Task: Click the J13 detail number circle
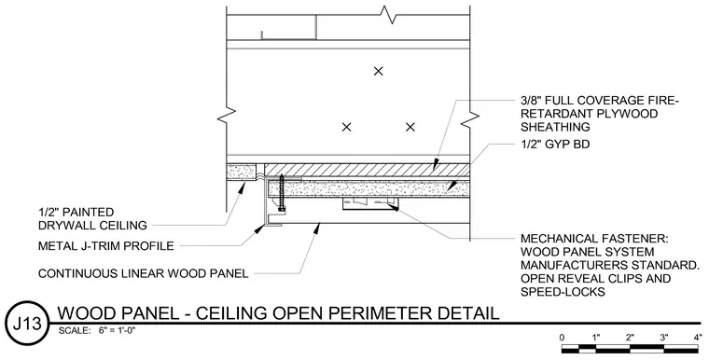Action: coord(26,323)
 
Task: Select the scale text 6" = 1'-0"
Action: coord(118,330)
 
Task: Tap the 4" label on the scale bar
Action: coord(698,337)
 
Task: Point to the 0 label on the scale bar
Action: coord(562,337)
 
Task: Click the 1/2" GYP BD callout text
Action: coord(555,145)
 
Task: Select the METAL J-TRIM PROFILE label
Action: coord(105,246)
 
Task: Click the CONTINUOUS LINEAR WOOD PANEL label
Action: coord(143,273)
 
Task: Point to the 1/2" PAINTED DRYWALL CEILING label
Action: coord(92,218)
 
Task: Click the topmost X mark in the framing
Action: coord(379,71)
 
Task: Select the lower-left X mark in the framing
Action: coord(346,127)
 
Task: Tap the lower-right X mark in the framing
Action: coord(410,127)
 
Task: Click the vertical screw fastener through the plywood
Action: coord(282,193)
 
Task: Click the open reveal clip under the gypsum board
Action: coord(369,204)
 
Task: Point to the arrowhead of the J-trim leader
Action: coord(259,228)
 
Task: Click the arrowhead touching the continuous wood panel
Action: coord(317,228)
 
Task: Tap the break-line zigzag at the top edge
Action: coord(389,15)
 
